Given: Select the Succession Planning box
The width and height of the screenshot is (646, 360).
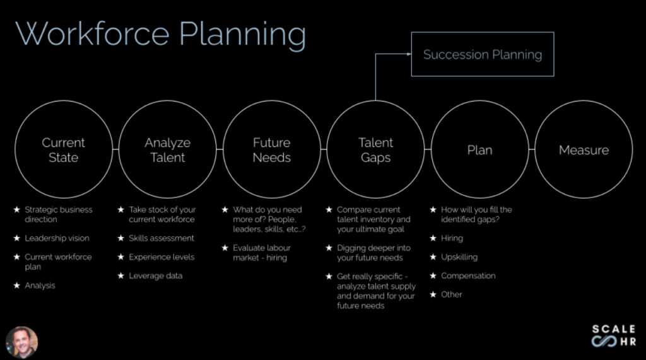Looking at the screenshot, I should click(483, 54).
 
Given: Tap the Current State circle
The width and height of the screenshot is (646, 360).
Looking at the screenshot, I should click(63, 150).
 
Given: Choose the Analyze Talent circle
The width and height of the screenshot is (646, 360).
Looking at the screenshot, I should click(167, 150).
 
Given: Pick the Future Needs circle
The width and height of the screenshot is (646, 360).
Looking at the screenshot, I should click(271, 150).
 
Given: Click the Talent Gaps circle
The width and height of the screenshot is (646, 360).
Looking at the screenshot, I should click(375, 150).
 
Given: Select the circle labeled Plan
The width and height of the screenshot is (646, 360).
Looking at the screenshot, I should click(479, 150).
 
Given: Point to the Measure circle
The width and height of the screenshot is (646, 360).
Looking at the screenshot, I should click(584, 150).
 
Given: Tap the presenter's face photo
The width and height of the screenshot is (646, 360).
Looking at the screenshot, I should click(21, 342).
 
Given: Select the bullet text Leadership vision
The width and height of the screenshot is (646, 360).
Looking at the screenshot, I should click(57, 238).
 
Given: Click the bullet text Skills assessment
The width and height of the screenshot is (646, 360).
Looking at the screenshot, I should click(161, 238).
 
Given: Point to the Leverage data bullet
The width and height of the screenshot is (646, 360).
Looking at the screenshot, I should click(156, 276).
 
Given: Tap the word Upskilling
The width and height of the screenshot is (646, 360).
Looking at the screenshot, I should click(459, 257).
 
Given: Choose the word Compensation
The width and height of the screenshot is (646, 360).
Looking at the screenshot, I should click(468, 276).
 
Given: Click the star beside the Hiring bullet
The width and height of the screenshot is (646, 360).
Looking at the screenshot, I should click(433, 238).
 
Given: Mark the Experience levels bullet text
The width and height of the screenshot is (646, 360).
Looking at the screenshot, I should click(161, 257).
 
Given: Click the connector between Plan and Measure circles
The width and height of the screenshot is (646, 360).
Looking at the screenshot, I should click(532, 150).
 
